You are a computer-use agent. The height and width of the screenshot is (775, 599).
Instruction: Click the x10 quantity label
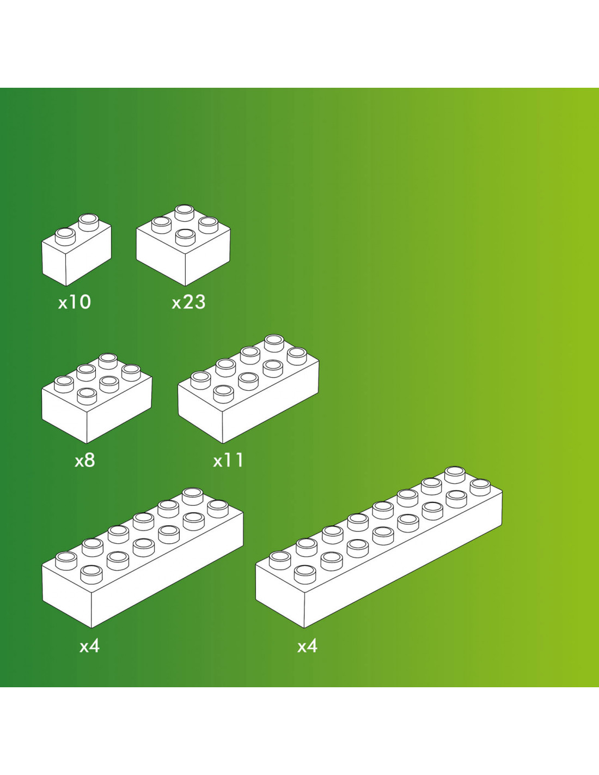point(75,302)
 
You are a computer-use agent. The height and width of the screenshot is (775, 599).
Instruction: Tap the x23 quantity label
point(188,302)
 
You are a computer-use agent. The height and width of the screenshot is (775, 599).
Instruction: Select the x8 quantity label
point(85,461)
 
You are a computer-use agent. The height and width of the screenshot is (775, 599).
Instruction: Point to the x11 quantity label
point(228,461)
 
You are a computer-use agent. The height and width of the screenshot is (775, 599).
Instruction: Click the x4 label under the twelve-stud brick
point(89,646)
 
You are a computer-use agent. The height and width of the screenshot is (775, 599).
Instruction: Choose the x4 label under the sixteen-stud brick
point(307,646)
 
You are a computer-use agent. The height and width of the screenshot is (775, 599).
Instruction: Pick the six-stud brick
point(97,398)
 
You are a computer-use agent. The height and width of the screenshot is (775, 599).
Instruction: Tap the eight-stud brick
point(248,389)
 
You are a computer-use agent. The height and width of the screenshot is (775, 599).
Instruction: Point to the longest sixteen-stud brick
point(379,547)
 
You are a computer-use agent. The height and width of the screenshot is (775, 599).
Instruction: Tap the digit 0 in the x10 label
point(85,302)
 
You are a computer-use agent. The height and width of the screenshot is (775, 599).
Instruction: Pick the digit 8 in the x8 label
point(90,461)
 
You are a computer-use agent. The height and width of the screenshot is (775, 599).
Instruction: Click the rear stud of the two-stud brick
point(89,222)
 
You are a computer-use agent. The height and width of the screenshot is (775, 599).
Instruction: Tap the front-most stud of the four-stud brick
point(185,237)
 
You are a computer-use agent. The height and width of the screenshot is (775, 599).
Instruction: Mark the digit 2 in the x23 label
point(188,302)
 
